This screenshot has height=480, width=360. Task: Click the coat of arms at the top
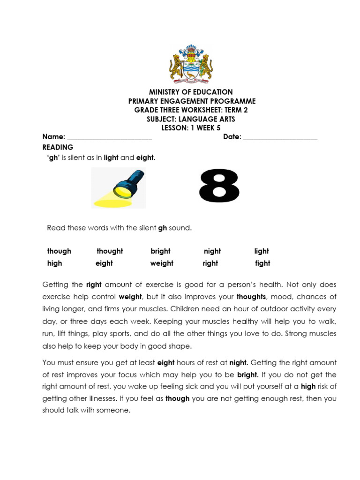pos(191,64)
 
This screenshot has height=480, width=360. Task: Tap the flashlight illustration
pos(119,188)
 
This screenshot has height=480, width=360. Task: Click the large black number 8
pos(219,186)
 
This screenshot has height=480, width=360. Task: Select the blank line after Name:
pos(110,137)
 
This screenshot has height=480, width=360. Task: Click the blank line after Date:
pos(280,137)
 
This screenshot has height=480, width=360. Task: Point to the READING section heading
pos(58,147)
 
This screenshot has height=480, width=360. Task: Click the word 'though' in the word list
pos(59,251)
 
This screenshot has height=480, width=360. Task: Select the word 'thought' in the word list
pos(110,251)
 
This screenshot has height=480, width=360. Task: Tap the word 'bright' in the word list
pos(160,251)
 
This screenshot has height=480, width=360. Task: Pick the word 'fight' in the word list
pos(262,263)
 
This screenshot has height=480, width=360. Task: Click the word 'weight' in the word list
pos(162,263)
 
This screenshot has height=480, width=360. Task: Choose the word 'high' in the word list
pos(54,263)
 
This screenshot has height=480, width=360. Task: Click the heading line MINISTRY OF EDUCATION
pos(191,92)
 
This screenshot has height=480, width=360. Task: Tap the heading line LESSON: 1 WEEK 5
pos(191,128)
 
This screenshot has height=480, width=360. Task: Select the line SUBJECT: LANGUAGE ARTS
pos(191,119)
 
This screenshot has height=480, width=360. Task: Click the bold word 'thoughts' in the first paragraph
pos(251,297)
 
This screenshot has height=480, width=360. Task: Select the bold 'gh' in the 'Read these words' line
pos(163,228)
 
